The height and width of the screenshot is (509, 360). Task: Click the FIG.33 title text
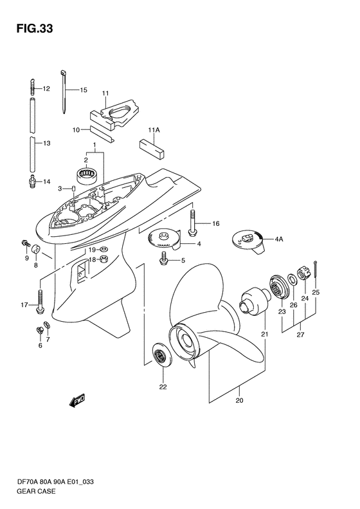pyautogui.click(x=30, y=28)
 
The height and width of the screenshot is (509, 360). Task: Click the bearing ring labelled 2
pyautogui.click(x=87, y=174)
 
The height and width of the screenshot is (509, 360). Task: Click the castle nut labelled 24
pyautogui.click(x=302, y=277)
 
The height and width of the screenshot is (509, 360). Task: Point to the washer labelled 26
pyautogui.click(x=292, y=281)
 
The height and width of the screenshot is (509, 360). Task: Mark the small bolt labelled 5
pyautogui.click(x=165, y=260)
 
